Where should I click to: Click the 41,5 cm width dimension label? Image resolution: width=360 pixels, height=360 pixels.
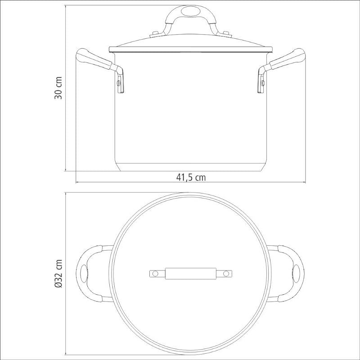pyautogui.click(x=191, y=177)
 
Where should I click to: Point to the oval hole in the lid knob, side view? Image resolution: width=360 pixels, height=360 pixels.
pyautogui.click(x=191, y=11)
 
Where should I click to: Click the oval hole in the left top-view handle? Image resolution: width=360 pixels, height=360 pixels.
pyautogui.click(x=84, y=273)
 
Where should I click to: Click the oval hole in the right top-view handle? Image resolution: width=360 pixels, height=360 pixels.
pyautogui.click(x=297, y=273)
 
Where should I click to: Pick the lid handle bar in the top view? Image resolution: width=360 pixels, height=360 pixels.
pyautogui.click(x=191, y=273)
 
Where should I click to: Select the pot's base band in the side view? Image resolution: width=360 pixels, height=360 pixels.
pyautogui.click(x=191, y=167)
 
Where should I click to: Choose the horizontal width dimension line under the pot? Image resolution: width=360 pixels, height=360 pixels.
pyautogui.click(x=135, y=183)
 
